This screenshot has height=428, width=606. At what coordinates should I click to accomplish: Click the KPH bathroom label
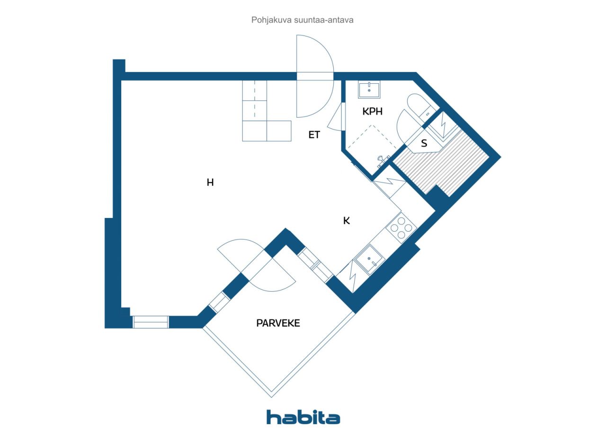[x=372, y=111]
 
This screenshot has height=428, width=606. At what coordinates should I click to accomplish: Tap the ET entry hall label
[x=314, y=135]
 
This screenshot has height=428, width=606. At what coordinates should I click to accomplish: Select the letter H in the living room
[x=210, y=183]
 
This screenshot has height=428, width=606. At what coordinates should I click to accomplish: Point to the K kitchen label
[x=346, y=221]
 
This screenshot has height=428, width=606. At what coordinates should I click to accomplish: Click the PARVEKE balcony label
[x=278, y=323]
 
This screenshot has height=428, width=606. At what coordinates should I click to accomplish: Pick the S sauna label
[x=424, y=143]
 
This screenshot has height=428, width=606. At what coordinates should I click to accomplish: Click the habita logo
[x=303, y=417]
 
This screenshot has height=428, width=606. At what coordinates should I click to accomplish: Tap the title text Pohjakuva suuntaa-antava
[x=302, y=20]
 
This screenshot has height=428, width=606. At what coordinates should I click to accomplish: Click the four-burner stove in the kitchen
[x=401, y=228]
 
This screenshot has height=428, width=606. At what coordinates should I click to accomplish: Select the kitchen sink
[x=370, y=259]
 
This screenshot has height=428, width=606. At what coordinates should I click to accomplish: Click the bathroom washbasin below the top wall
[x=369, y=89]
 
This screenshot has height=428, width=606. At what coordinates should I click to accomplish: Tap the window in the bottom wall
[x=151, y=322]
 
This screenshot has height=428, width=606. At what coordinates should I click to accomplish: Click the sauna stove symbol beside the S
[x=444, y=126]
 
